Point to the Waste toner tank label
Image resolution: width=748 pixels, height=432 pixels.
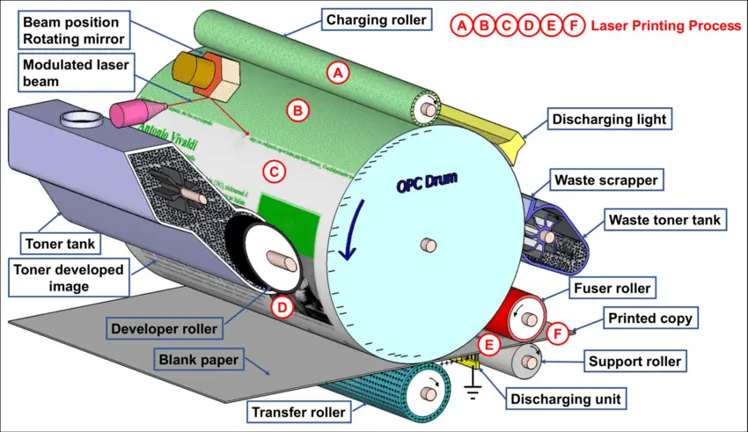665,218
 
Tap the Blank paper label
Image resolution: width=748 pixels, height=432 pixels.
199,359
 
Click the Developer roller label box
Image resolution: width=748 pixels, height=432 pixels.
164,329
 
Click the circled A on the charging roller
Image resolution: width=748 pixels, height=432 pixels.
336,73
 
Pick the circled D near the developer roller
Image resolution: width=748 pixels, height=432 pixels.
281,307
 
